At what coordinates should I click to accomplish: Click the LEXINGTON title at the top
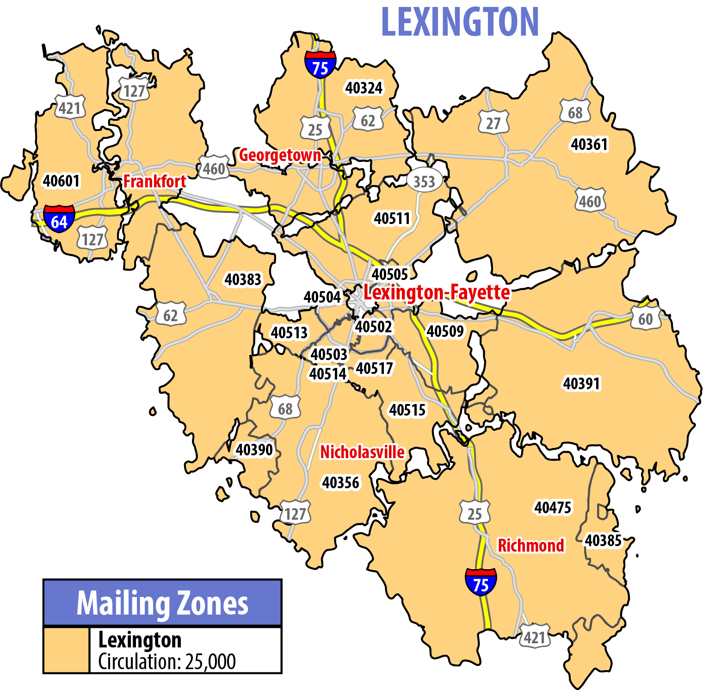point(460,22)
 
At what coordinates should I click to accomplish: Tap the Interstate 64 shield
point(59,219)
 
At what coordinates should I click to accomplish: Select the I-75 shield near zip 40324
point(320,65)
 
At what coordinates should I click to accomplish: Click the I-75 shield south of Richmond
point(481,582)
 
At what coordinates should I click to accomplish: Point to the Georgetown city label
point(280,155)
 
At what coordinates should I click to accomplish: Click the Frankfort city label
point(154,181)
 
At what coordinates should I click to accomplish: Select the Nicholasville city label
point(362,452)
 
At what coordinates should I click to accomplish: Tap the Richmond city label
point(530,546)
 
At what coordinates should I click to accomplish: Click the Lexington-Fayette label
point(437,292)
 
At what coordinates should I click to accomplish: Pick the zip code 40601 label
point(62,180)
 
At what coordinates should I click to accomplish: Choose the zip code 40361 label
point(589,144)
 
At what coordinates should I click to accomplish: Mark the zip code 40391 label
point(581,384)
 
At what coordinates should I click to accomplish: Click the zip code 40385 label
point(603,541)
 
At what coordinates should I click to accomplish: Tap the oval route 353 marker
point(424,181)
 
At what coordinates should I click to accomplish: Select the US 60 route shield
point(646,319)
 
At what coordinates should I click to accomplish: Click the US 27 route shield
point(493,123)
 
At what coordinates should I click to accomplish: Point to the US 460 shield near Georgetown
point(214,169)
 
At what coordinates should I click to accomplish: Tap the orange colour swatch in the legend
point(66,650)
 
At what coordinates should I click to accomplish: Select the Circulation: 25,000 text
point(167,662)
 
